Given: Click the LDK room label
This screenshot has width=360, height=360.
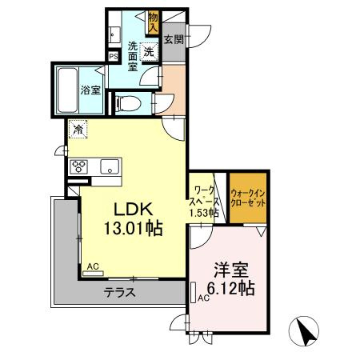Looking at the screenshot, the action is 134,209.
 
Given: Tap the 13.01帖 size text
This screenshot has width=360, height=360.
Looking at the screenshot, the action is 134,228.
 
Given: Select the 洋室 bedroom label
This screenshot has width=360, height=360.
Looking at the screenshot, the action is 231,270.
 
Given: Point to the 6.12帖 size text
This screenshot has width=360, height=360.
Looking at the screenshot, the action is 231,288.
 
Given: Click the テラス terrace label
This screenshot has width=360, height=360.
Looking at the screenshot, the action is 120,293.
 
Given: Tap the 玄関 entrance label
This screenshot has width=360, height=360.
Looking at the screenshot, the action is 174,39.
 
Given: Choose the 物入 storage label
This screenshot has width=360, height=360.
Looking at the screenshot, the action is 154,23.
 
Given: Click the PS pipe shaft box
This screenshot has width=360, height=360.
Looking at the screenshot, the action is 114,56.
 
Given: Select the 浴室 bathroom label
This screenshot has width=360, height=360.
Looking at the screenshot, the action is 90,90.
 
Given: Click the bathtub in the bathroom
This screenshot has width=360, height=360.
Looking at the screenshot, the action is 67,90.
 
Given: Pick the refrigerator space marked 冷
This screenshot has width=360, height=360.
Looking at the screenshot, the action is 78,130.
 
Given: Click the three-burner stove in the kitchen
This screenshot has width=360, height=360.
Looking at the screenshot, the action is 78,166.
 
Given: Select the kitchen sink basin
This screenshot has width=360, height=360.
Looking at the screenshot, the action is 110,166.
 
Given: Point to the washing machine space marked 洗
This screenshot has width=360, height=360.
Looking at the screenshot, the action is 149,51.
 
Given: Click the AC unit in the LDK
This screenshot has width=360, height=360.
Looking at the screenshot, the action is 93,274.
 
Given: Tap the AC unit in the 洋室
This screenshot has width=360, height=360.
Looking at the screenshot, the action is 194,292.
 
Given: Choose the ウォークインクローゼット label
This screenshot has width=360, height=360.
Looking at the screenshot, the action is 248,198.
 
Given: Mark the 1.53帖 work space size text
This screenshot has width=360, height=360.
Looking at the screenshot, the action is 204,213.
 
